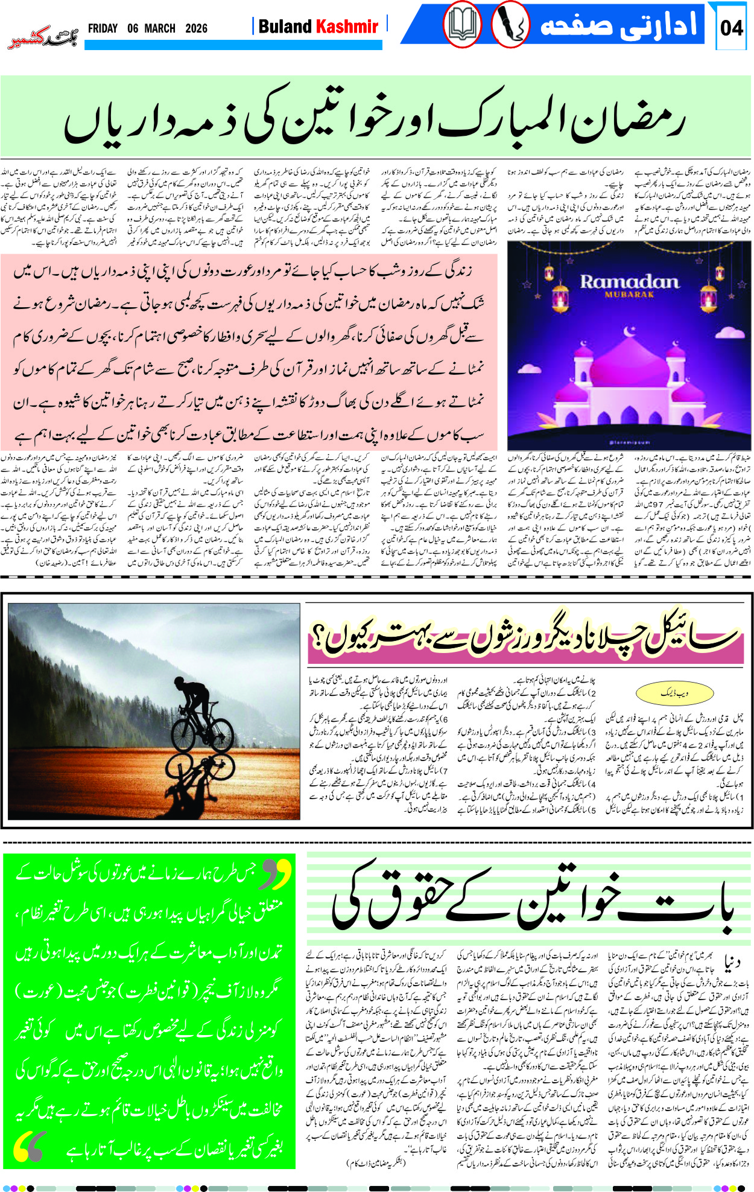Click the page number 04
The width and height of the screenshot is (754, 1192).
click(731, 28)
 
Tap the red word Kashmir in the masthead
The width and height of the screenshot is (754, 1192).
click(347, 27)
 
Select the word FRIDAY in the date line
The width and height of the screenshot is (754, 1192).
click(103, 28)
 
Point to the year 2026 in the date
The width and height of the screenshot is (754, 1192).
click(196, 28)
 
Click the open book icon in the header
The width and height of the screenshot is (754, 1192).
click(463, 26)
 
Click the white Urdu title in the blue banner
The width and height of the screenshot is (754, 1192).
click(618, 25)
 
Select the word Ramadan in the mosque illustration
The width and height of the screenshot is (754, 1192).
click(629, 282)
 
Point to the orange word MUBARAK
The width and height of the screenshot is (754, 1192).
click(629, 295)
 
